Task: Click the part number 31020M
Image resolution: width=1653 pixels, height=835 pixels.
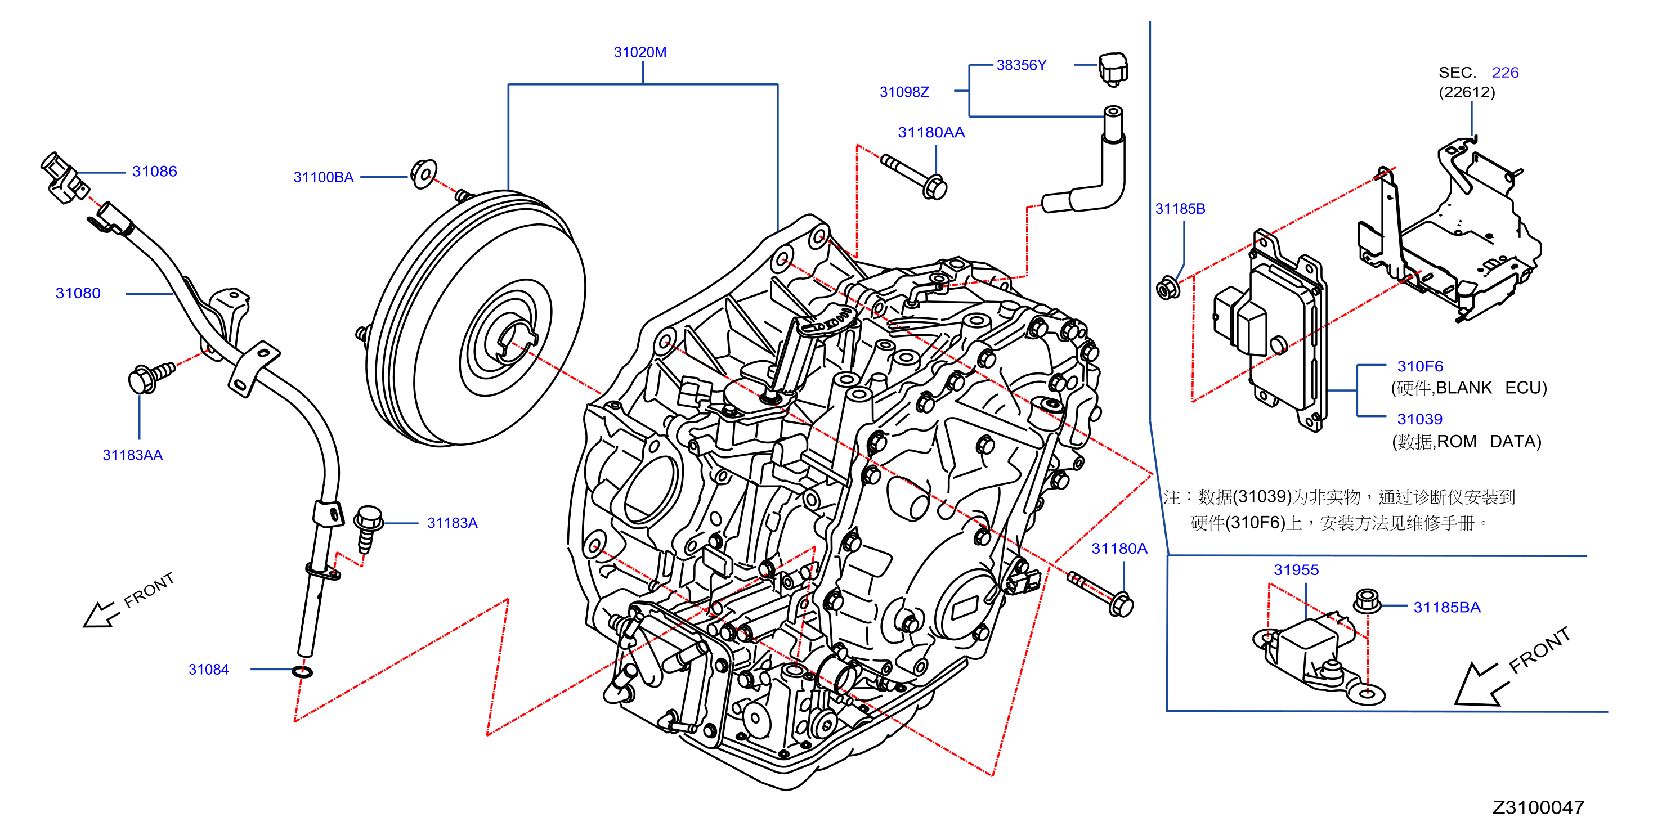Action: [640, 52]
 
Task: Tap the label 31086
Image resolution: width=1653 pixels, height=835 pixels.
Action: [154, 171]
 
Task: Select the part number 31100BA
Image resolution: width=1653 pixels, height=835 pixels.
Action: [324, 177]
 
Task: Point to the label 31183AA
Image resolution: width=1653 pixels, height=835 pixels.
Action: [132, 455]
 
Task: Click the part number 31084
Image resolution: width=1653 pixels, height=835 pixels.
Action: [209, 669]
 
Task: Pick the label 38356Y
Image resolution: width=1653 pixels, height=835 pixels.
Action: [1021, 65]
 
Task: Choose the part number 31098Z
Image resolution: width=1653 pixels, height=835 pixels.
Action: [904, 92]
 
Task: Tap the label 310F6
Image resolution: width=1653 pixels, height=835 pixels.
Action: [1420, 366]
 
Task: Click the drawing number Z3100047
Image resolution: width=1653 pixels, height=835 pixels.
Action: [1538, 807]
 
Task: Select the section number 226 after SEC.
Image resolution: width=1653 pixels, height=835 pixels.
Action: [1505, 72]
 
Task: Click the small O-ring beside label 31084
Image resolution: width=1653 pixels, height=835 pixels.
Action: [302, 671]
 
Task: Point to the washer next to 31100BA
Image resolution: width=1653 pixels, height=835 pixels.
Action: [423, 174]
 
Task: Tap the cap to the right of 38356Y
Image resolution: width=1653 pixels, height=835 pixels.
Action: [1113, 69]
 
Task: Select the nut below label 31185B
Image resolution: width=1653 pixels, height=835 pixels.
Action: [1167, 288]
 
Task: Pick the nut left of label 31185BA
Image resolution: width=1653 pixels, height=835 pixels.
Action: [1367, 601]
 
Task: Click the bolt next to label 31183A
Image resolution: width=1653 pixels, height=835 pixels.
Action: [368, 528]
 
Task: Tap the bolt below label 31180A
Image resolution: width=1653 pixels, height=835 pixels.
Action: [1100, 594]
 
